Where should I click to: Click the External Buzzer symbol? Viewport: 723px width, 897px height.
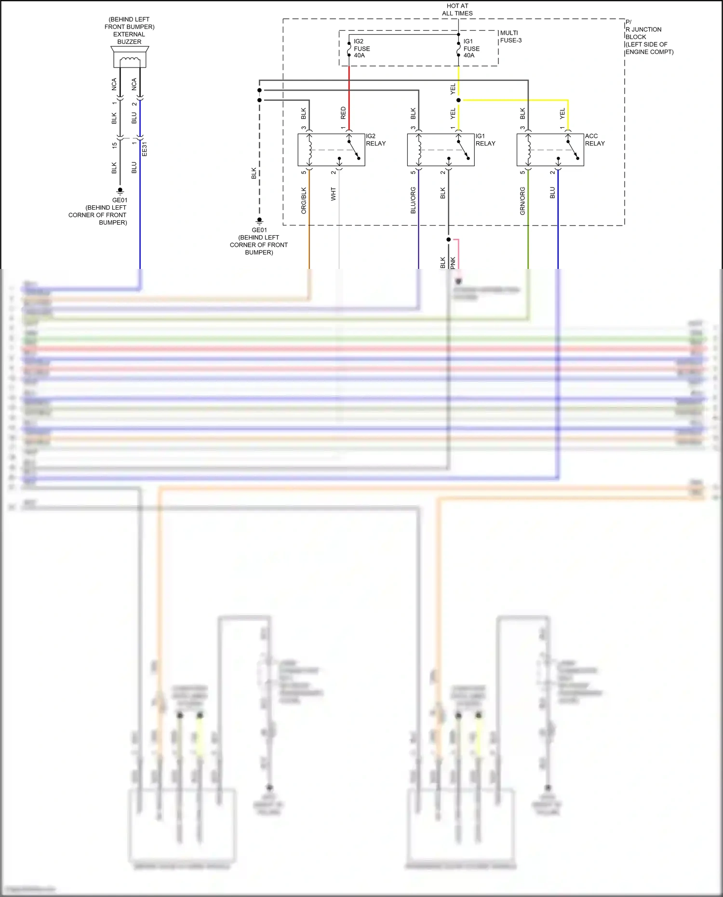coord(130,57)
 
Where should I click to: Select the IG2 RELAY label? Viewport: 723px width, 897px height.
coord(375,140)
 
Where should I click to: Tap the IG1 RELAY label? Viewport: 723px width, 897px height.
coord(485,140)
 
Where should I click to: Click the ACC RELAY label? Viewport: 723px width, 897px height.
coord(594,140)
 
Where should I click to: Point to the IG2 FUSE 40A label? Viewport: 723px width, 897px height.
coord(361,48)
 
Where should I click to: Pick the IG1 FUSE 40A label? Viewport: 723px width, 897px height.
coord(471,48)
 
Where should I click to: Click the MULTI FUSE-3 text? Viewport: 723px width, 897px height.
coord(510,37)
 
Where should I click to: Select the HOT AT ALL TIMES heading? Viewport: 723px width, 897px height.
coord(457,10)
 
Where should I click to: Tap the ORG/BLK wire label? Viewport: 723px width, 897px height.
coord(304,201)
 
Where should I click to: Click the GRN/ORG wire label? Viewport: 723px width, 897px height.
coord(522,201)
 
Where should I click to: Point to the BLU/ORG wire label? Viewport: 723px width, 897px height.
coord(413,201)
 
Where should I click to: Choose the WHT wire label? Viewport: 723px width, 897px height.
coord(333,194)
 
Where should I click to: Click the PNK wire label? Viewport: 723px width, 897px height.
coord(453,263)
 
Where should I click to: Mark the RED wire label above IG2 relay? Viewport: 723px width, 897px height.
coord(343,113)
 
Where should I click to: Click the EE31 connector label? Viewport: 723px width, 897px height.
coord(145,149)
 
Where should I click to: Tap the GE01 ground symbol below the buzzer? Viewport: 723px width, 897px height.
coord(120,191)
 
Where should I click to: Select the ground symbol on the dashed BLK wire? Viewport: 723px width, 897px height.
coord(259,221)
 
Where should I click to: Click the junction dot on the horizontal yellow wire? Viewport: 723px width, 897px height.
coord(458,100)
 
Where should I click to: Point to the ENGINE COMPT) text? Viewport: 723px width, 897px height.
coord(649,52)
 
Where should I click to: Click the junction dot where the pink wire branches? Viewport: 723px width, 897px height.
coord(448,240)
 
